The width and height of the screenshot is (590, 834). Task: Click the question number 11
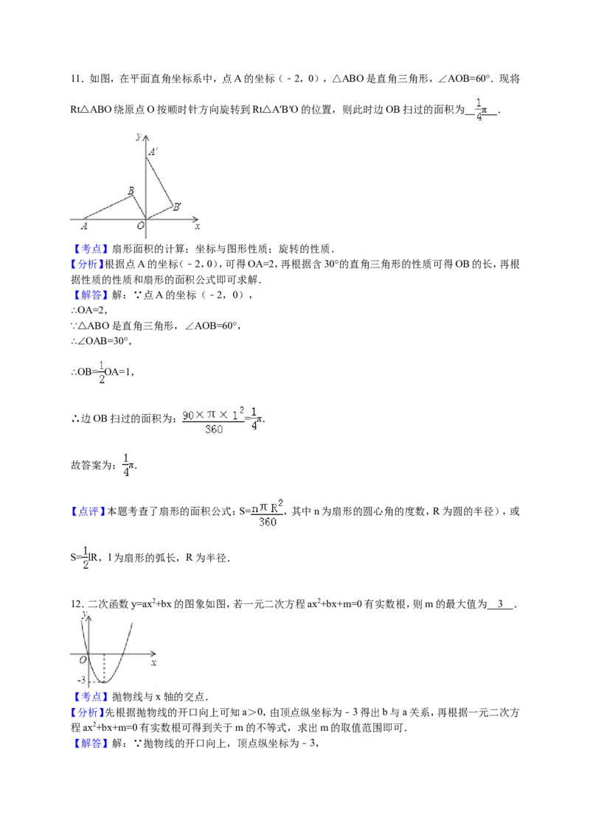click(77, 80)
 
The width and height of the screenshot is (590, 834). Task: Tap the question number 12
click(77, 604)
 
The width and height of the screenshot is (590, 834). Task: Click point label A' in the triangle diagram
click(153, 152)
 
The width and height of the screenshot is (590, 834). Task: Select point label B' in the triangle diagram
click(177, 207)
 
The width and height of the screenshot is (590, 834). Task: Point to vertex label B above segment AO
click(131, 191)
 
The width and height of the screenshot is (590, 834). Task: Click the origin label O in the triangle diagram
click(141, 225)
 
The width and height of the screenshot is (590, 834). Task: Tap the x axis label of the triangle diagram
click(197, 227)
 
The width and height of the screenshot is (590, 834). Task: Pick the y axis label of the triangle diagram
click(139, 136)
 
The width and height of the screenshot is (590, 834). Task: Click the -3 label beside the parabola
click(81, 680)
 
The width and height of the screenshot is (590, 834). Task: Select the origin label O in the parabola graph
click(83, 660)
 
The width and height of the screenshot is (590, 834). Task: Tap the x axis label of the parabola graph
click(154, 663)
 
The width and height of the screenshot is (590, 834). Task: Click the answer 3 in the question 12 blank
click(501, 604)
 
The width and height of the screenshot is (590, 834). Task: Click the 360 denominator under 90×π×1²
click(214, 430)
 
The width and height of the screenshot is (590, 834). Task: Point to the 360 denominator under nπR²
click(267, 522)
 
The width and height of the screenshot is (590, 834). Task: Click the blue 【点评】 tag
click(88, 512)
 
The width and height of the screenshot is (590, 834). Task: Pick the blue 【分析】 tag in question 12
click(88, 712)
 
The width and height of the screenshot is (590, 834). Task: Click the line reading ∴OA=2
click(89, 311)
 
